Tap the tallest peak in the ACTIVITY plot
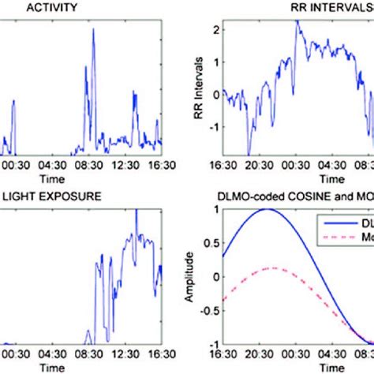click(93, 29)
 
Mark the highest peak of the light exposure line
click(136, 211)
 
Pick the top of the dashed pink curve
click(271, 267)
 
